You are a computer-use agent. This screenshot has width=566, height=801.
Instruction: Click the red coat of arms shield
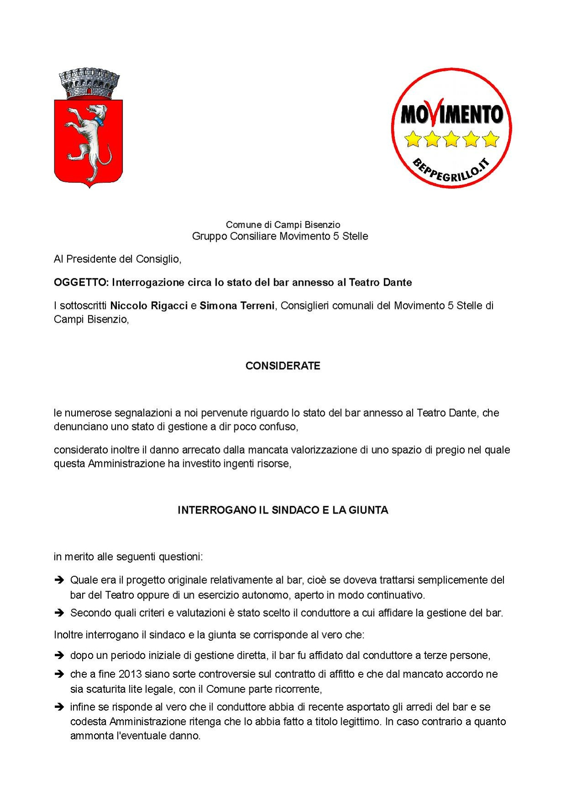pyautogui.click(x=88, y=142)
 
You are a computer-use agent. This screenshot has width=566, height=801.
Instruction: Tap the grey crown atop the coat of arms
pyautogui.click(x=90, y=83)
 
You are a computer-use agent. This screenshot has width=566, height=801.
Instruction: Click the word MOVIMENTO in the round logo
pyautogui.click(x=451, y=114)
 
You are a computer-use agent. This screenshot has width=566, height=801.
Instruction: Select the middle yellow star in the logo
pyautogui.click(x=451, y=139)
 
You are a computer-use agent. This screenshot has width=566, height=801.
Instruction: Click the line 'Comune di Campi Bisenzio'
pyautogui.click(x=283, y=224)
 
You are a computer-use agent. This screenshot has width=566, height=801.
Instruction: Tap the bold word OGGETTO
pyautogui.click(x=81, y=282)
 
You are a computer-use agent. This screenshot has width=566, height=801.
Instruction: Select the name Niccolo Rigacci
pyautogui.click(x=149, y=306)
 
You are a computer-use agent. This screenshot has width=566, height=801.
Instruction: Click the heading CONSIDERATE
pyautogui.click(x=283, y=366)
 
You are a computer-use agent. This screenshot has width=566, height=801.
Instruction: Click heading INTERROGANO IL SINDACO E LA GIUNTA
pyautogui.click(x=283, y=510)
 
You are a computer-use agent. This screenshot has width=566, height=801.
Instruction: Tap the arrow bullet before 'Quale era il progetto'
pyautogui.click(x=59, y=580)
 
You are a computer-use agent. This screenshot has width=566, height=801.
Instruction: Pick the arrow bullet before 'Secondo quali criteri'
pyautogui.click(x=59, y=613)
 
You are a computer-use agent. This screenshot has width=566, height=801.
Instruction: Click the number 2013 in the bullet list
pyautogui.click(x=130, y=674)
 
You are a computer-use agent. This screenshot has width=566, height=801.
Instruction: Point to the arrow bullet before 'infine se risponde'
pyautogui.click(x=59, y=707)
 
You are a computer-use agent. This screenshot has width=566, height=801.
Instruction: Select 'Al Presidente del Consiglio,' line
pyautogui.click(x=117, y=259)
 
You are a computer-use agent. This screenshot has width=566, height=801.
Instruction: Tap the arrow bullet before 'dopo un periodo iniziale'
pyautogui.click(x=59, y=656)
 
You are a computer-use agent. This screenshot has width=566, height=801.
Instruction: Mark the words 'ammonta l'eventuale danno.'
pyautogui.click(x=135, y=736)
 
